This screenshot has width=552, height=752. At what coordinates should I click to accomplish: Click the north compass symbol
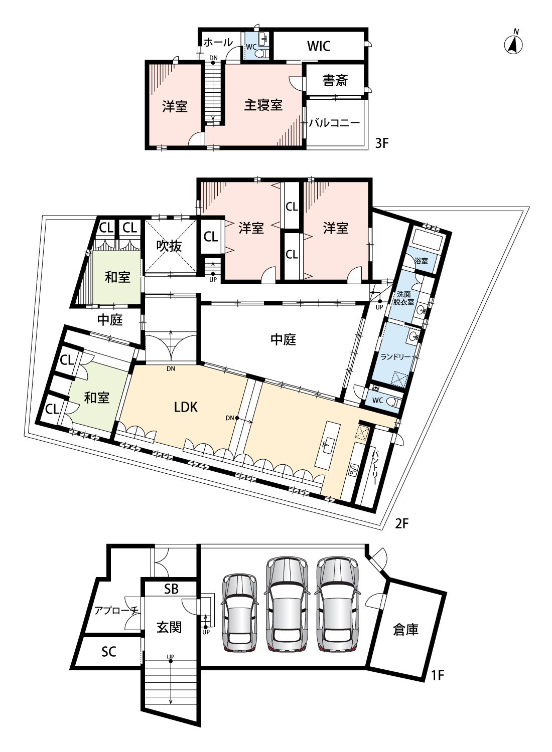pyautogui.click(x=513, y=45)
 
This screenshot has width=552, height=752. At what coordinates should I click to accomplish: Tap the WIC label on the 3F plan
pyautogui.click(x=319, y=46)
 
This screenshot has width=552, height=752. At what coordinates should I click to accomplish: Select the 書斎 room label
pyautogui.click(x=335, y=80)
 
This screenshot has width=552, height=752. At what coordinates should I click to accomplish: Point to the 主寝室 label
pyautogui.click(x=263, y=105)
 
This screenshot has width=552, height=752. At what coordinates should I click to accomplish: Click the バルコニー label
pyautogui.click(x=334, y=123)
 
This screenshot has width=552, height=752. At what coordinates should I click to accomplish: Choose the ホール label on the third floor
pyautogui.click(x=218, y=42)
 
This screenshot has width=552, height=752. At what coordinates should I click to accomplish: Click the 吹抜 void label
pyautogui.click(x=169, y=246)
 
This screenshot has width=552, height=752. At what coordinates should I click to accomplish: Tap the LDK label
pyautogui.click(x=186, y=407)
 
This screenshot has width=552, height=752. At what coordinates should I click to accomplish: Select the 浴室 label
pyautogui.click(x=421, y=261)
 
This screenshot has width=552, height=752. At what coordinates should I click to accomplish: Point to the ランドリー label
pyautogui.click(x=395, y=356)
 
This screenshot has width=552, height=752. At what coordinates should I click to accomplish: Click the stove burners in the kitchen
pyautogui.click(x=353, y=470)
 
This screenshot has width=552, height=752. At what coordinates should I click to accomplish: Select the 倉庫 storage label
pyautogui.click(x=405, y=629)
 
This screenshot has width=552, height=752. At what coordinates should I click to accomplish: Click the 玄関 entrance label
pyautogui.click(x=169, y=627)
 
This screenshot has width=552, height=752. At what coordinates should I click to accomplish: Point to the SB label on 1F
pyautogui.click(x=171, y=589)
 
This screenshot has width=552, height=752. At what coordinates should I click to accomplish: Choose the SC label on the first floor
pyautogui.click(x=108, y=651)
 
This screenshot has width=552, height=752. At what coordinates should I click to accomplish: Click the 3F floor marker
pyautogui.click(x=382, y=143)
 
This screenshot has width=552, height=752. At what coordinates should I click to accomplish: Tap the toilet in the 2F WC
pyautogui.click(x=394, y=401)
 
